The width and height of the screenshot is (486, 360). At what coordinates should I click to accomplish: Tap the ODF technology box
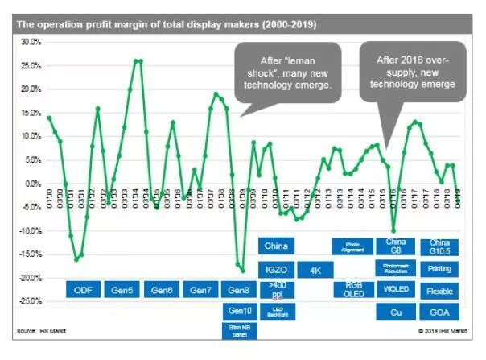(x=83, y=290)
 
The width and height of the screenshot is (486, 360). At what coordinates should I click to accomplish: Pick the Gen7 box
(x=200, y=290)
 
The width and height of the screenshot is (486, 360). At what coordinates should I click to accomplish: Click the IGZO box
(x=277, y=269)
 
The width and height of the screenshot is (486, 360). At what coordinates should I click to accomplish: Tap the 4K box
(x=315, y=269)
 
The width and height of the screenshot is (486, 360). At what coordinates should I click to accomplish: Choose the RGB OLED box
(x=354, y=289)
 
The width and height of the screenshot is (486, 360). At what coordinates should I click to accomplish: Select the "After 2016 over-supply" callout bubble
(x=413, y=72)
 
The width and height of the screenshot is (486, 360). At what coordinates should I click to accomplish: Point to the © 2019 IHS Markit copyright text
(x=439, y=331)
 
